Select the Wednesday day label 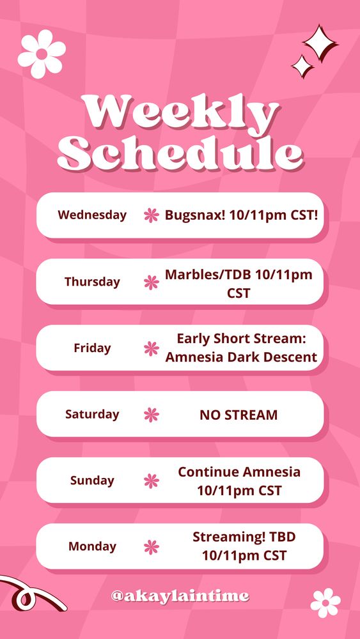(x=92, y=215)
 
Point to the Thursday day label (x=92, y=282)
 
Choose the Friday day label (x=92, y=348)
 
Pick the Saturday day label (x=92, y=414)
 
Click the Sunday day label (x=92, y=481)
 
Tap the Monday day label (x=92, y=546)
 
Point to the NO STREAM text (x=239, y=415)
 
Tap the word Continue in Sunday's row (x=208, y=472)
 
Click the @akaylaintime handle (x=180, y=596)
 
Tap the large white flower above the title (x=42, y=54)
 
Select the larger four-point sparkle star (x=320, y=43)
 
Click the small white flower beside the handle (x=325, y=603)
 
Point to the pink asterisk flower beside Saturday (x=152, y=415)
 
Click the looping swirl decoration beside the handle (x=29, y=594)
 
